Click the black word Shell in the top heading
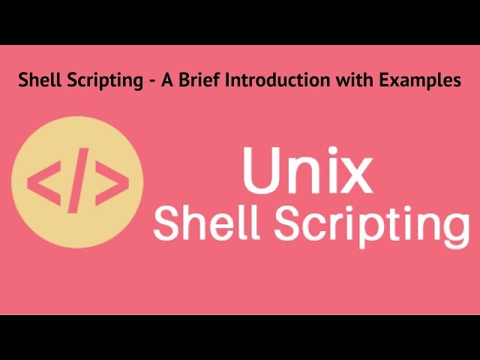37,80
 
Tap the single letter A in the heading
165,80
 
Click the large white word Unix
307,172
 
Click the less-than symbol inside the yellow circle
43,182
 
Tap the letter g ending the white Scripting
454,229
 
